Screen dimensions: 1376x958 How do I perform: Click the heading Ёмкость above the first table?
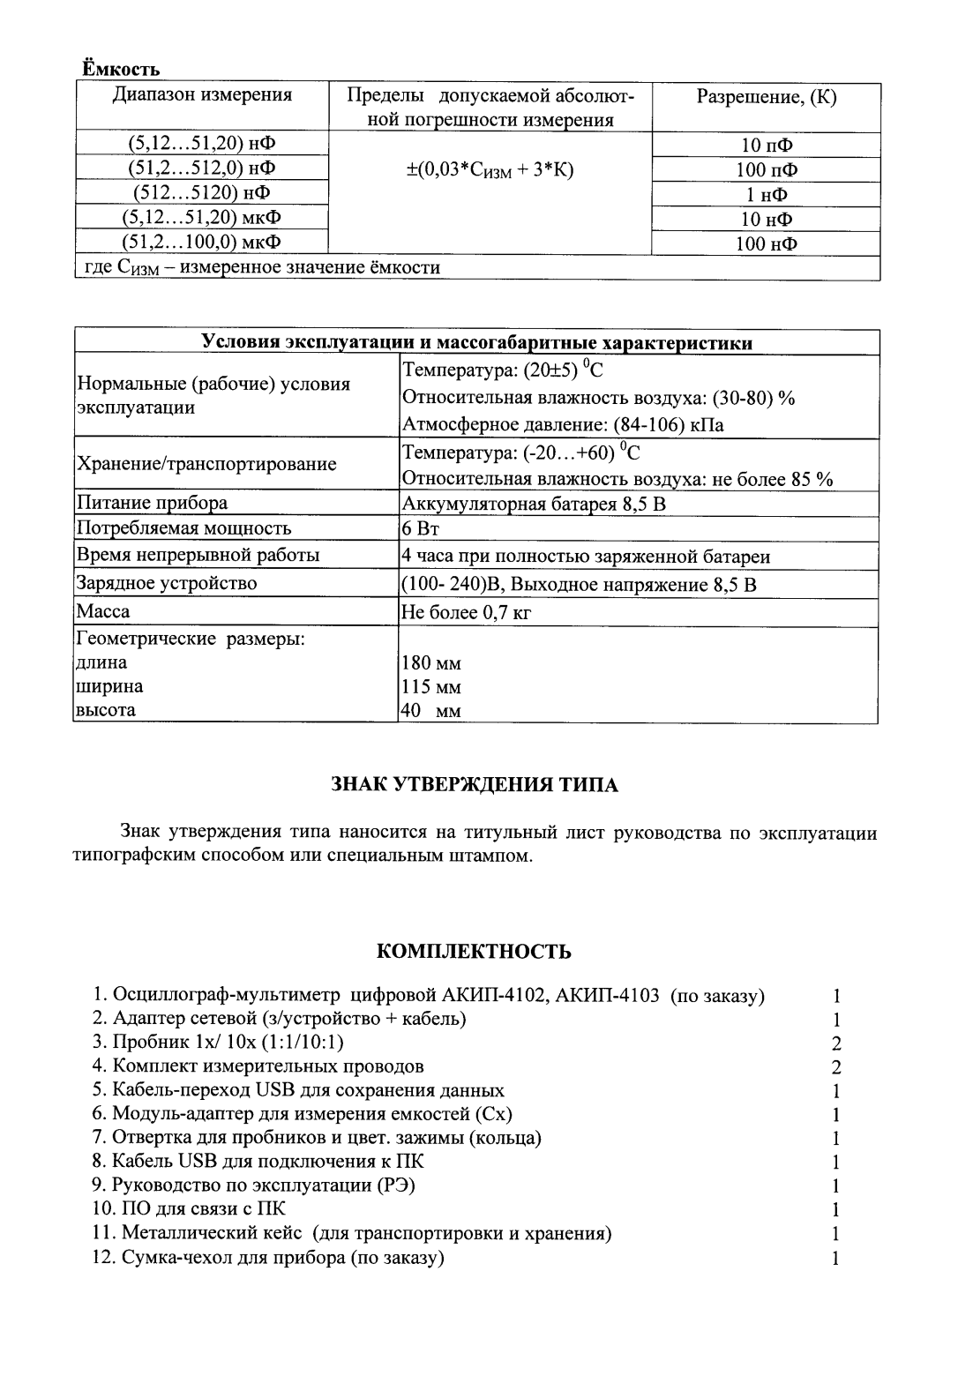coord(121,69)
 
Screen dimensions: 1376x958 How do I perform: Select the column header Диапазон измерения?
coord(202,95)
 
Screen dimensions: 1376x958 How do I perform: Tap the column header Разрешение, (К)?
coord(766,97)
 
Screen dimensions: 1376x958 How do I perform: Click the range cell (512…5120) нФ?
coord(202,192)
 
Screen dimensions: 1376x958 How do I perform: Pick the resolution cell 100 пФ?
coord(766,170)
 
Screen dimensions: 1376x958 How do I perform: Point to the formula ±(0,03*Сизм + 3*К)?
coord(490,170)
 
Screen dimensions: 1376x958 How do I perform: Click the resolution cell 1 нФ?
coord(766,195)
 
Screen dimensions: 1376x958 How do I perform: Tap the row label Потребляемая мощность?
coord(184,529)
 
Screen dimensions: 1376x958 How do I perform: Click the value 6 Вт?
coord(421,529)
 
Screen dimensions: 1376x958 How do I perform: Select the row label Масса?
coord(103,611)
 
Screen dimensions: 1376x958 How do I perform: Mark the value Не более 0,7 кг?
coord(467,612)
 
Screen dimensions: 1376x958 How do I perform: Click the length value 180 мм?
coord(431,663)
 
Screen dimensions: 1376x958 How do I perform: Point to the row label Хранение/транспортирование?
coord(207,464)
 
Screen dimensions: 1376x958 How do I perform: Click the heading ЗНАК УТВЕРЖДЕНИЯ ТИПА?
coord(475,785)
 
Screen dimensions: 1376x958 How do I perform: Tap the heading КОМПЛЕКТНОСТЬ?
coord(474,952)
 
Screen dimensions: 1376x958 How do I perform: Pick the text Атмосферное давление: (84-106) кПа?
coord(563,425)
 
